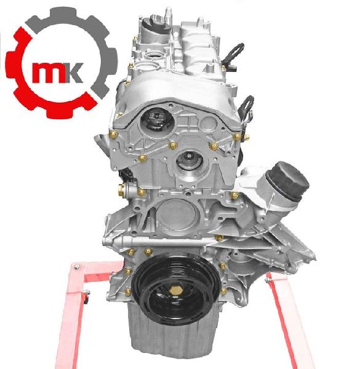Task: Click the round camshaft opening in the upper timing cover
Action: (158, 120)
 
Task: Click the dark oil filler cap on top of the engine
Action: (156, 25)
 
